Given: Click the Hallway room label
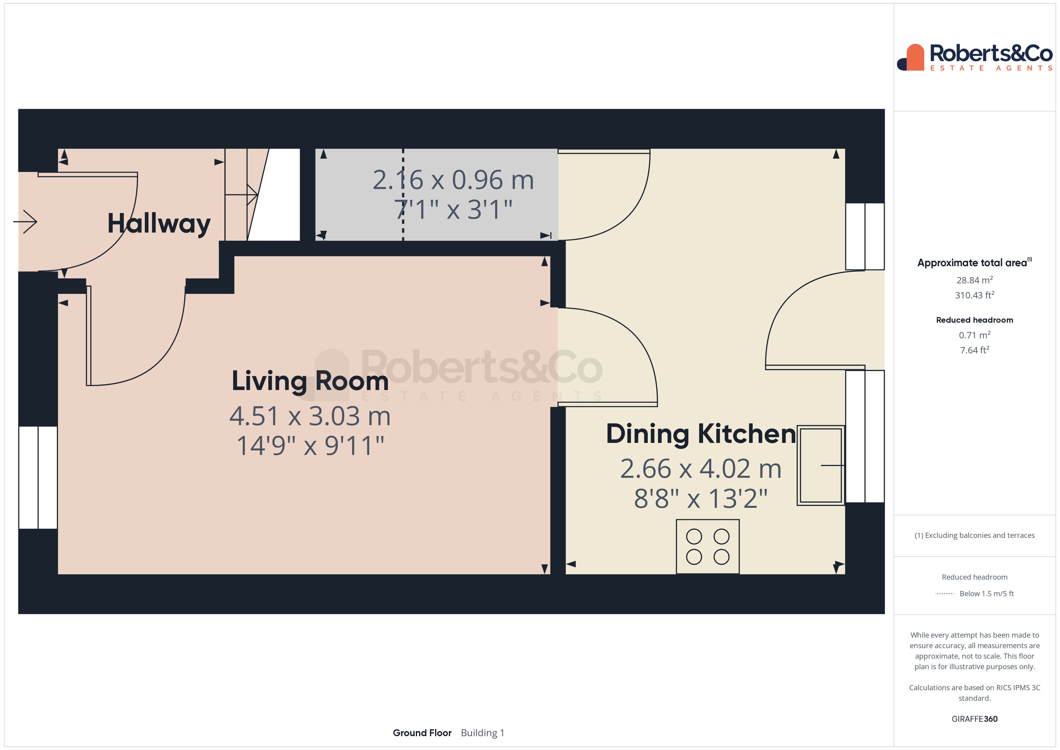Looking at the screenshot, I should [159, 224].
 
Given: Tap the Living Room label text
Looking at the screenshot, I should [310, 382].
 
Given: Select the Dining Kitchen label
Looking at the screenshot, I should [701, 434].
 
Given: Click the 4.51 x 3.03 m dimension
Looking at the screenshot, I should [310, 416].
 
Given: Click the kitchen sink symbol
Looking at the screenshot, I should [821, 465].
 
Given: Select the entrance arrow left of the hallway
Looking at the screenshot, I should [26, 222].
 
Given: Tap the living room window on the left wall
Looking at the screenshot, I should [38, 477].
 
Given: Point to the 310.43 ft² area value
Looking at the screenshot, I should [974, 295].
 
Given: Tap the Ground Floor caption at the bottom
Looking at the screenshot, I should [422, 733].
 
